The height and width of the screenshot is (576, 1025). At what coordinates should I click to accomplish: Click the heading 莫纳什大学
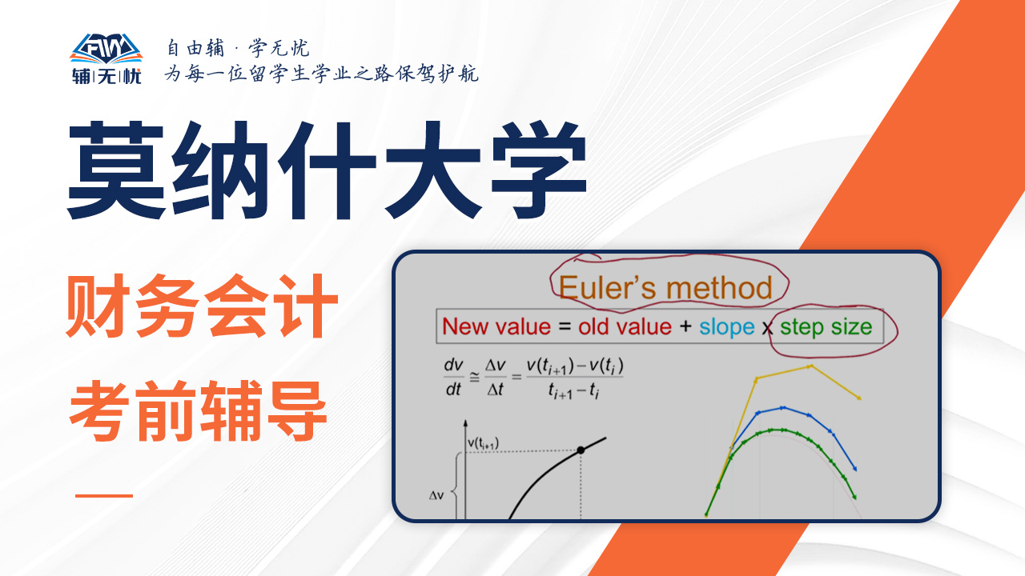328,170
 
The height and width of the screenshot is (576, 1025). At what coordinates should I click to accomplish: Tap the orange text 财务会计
202,306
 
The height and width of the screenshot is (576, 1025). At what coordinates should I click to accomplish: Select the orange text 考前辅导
198,410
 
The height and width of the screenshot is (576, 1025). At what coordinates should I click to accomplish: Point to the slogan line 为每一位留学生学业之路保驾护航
322,74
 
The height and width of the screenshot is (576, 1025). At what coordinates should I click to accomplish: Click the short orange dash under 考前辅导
104,495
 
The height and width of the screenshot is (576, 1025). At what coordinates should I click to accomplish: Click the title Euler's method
665,288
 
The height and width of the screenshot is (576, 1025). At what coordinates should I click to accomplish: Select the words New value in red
496,327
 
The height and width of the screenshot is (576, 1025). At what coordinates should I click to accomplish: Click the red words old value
625,327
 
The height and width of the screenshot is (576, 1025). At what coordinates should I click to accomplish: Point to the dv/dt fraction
453,378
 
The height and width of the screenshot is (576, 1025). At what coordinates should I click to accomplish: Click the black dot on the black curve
581,450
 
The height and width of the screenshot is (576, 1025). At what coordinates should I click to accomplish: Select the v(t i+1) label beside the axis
483,443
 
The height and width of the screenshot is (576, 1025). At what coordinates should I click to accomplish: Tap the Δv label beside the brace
436,495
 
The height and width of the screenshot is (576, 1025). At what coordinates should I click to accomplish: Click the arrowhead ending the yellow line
858,398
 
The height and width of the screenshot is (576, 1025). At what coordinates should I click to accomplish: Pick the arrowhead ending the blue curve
854,468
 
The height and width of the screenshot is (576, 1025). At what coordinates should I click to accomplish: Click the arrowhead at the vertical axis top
465,423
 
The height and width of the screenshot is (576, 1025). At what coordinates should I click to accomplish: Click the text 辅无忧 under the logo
107,76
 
